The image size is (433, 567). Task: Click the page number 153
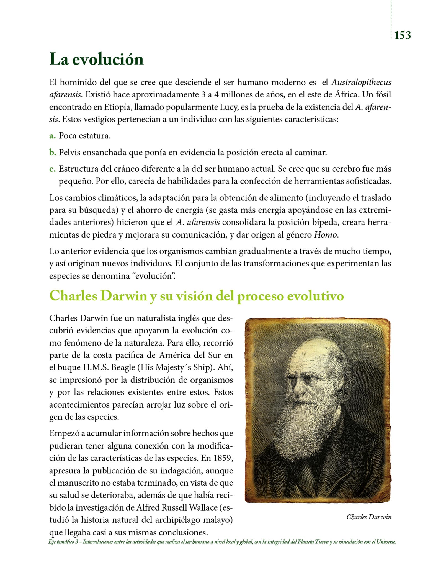402,35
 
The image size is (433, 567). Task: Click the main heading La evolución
96,59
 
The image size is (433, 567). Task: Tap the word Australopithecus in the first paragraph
361,83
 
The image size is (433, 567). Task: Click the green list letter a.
52,136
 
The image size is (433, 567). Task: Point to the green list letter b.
53,152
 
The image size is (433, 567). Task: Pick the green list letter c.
52,169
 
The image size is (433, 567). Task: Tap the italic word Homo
325,235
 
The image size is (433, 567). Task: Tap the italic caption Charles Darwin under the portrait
369,517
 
